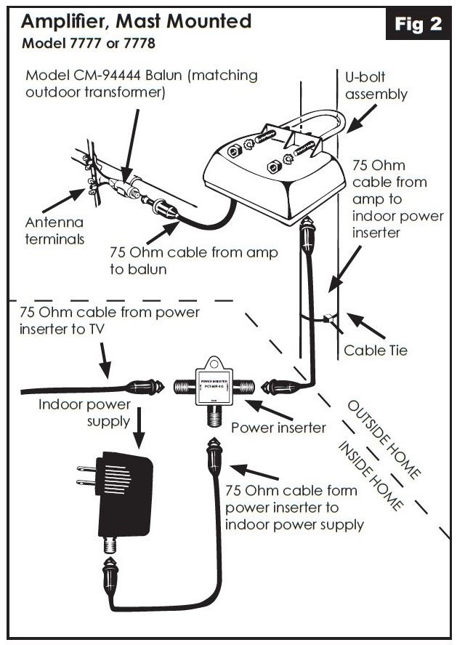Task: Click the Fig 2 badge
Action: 418,24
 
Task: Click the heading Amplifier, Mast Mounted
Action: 137,20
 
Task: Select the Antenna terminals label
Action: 54,229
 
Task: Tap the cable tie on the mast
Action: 327,317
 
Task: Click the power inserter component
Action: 214,385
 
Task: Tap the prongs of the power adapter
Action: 86,479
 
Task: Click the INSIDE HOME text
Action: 370,476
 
